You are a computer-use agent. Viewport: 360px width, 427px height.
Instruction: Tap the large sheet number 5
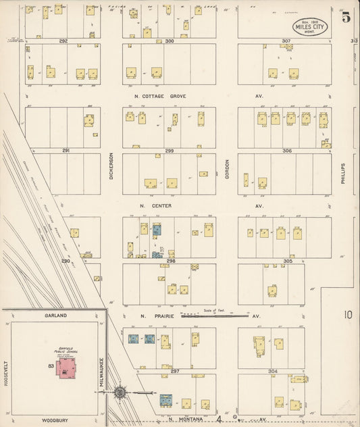pos(346,18)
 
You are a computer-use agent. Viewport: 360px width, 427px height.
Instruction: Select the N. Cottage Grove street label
pos(159,97)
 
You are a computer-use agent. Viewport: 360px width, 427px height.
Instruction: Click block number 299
pos(170,150)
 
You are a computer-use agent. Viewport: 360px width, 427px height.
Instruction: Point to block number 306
pos(287,150)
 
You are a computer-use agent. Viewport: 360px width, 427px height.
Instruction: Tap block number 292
pos(63,41)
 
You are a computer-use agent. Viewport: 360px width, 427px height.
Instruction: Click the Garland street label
pos(56,316)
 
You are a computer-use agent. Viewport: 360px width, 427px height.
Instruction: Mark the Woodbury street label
pos(56,420)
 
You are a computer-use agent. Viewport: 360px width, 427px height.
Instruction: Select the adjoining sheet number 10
pos(347,314)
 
